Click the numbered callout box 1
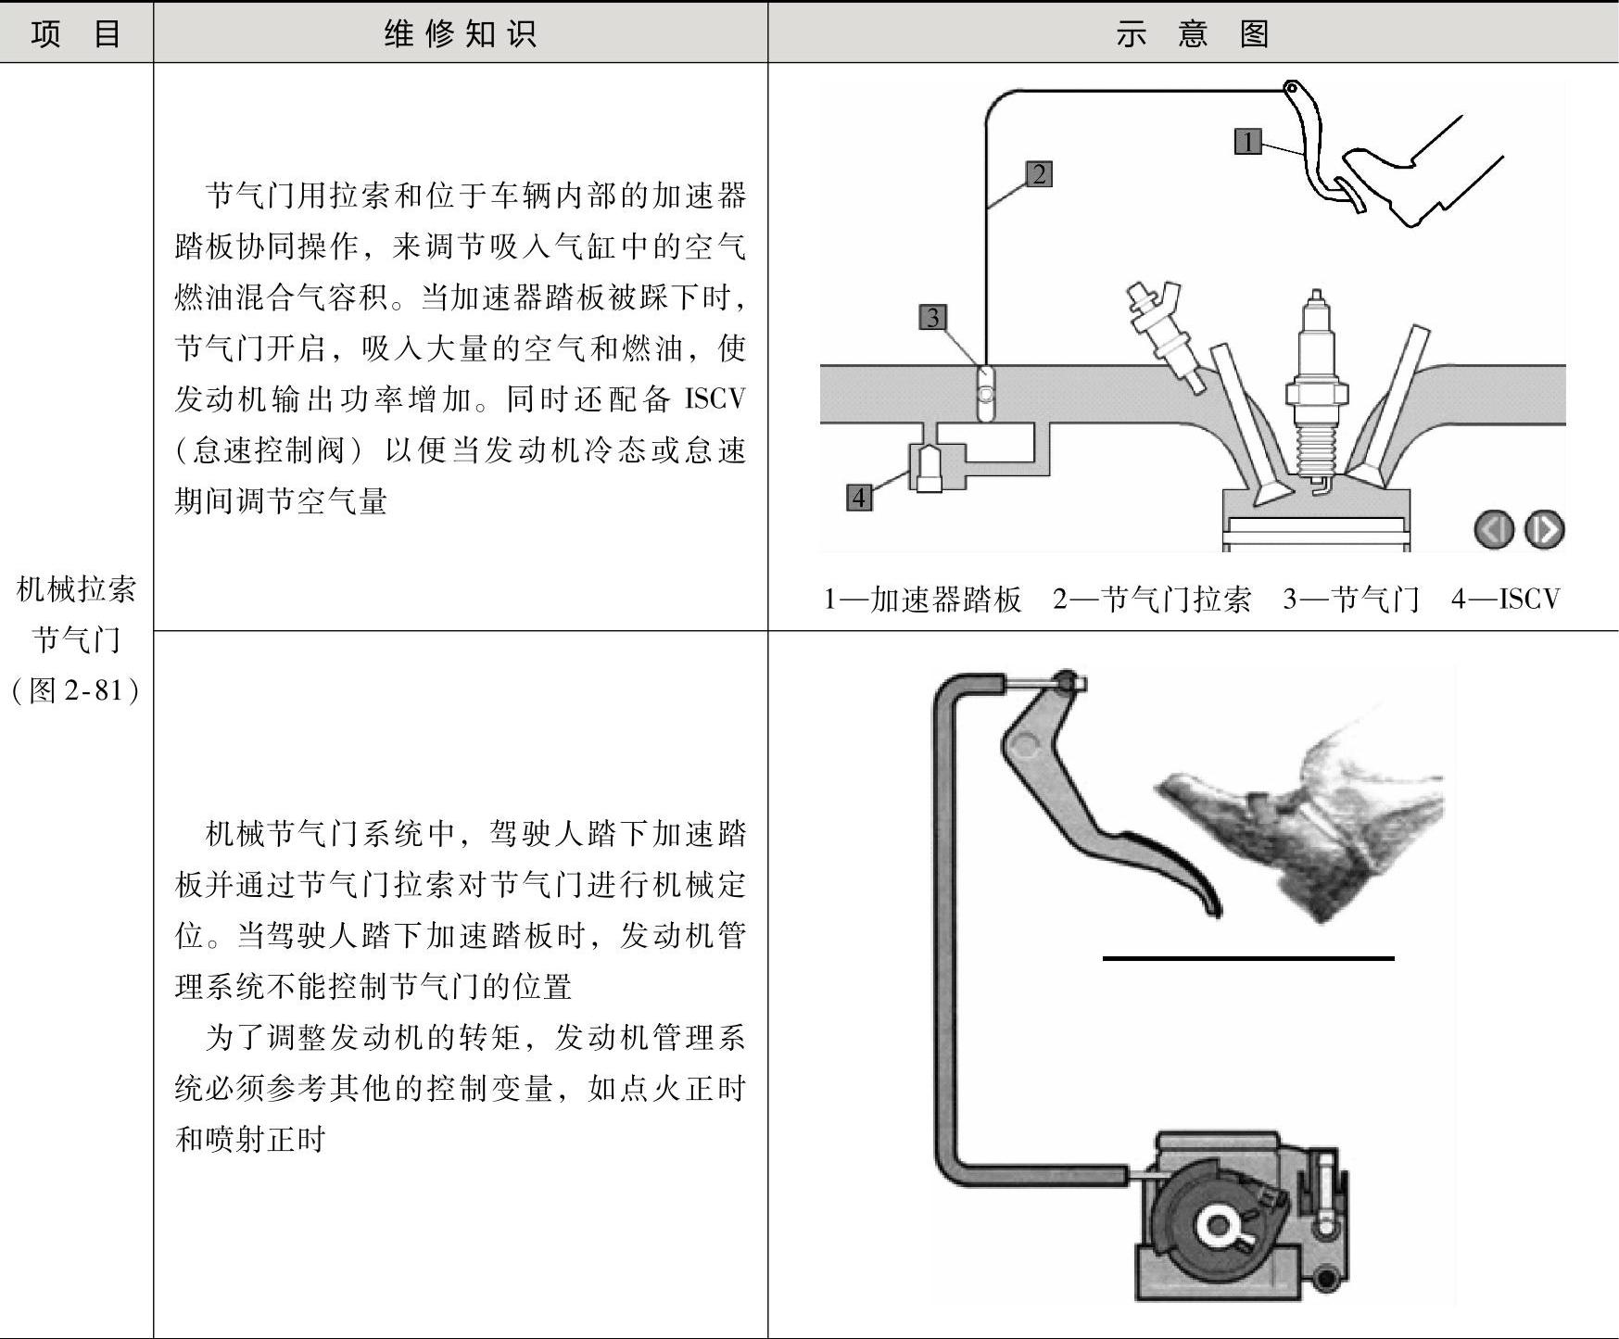point(1248,142)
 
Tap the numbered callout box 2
point(1039,174)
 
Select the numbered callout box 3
point(933,318)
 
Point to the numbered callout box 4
point(859,498)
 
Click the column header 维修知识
point(460,34)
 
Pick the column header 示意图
point(1192,34)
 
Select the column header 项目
point(76,34)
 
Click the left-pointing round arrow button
point(1493,530)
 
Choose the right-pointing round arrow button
point(1544,530)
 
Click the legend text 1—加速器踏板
point(923,600)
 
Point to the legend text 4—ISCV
point(1506,600)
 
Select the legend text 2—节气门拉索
point(1152,600)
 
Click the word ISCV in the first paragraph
point(715,399)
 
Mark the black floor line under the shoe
point(1247,958)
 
